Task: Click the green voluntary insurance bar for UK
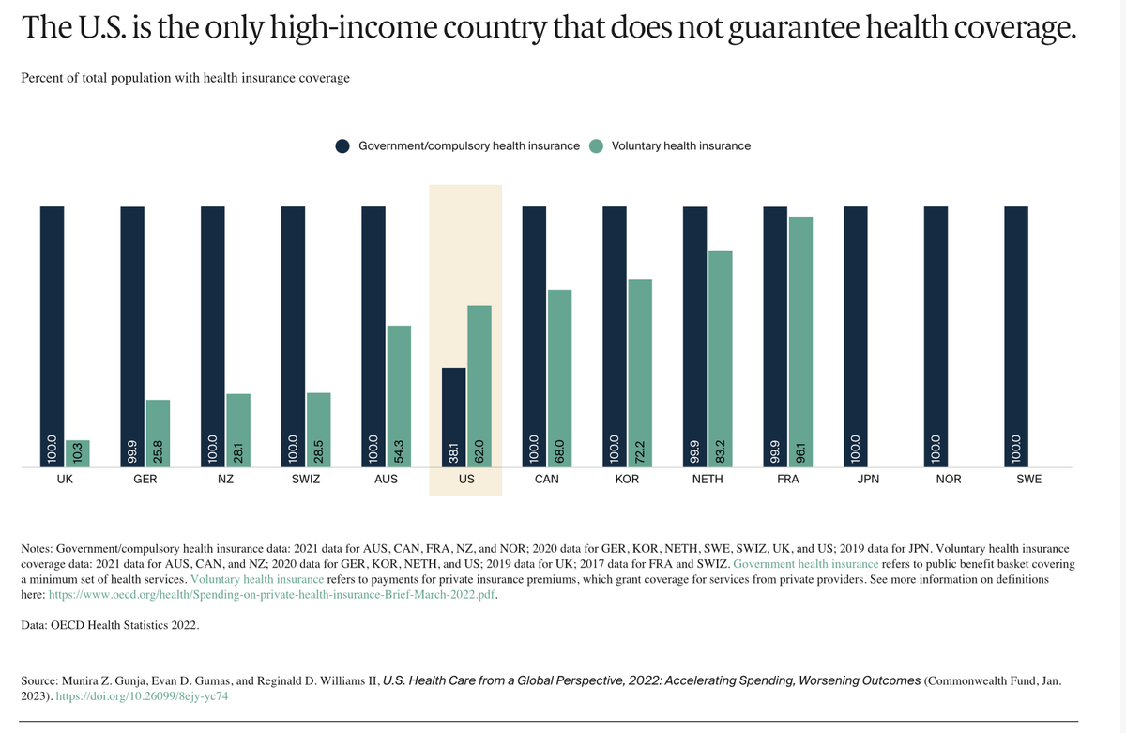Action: [78, 452]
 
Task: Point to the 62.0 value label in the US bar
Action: [479, 450]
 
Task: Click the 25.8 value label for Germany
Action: [158, 450]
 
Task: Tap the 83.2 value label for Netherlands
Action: [720, 450]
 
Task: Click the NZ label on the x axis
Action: [225, 480]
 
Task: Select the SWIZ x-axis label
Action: [306, 480]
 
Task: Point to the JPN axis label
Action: [868, 480]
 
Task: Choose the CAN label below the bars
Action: [546, 480]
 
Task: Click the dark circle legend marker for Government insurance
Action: [342, 145]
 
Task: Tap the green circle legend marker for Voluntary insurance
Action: [597, 145]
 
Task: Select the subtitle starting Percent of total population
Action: [185, 78]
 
